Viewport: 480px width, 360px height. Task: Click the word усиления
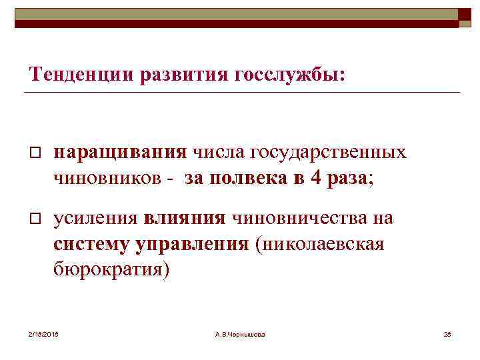coord(95,217)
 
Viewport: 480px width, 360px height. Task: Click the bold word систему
coord(93,243)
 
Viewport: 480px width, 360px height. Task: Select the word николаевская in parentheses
coord(319,243)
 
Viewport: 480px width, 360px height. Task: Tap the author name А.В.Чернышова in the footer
coord(240,333)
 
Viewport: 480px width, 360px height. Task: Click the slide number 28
coord(447,333)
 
